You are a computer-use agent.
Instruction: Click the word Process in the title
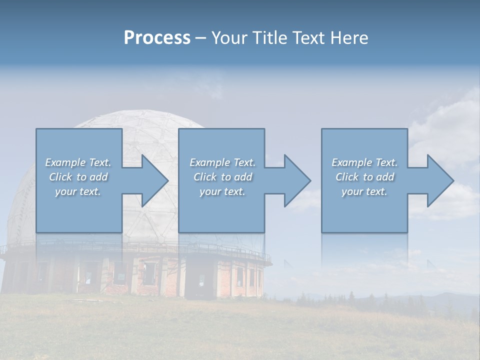pyautogui.click(x=157, y=38)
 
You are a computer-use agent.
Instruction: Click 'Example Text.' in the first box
pyautogui.click(x=78, y=162)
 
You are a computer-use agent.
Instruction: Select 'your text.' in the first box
pyautogui.click(x=78, y=191)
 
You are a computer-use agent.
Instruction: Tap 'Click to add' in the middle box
pyautogui.click(x=222, y=177)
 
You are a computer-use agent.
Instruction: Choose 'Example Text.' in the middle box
pyautogui.click(x=222, y=162)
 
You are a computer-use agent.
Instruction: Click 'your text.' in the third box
pyautogui.click(x=364, y=191)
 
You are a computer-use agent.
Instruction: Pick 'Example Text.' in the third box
pyautogui.click(x=364, y=162)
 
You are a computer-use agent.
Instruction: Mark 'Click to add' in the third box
pyautogui.click(x=364, y=177)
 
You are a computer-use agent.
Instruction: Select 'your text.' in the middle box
pyautogui.click(x=222, y=191)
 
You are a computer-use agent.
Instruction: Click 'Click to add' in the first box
pyautogui.click(x=78, y=177)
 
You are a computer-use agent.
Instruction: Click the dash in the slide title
pyautogui.click(x=200, y=38)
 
